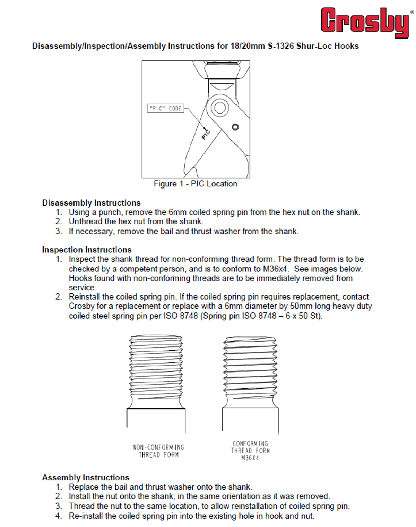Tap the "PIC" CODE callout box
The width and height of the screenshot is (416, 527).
tap(166, 108)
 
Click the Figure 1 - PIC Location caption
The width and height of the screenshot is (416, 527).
tap(196, 184)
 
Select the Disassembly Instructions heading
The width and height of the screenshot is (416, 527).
tap(91, 203)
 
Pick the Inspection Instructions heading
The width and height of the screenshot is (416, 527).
tap(87, 250)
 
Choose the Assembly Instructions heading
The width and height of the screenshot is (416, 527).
tap(86, 477)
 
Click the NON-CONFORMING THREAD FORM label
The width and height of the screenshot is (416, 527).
tap(158, 451)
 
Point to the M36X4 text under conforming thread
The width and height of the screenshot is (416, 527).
tap(250, 458)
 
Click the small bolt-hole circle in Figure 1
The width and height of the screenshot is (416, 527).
tap(235, 127)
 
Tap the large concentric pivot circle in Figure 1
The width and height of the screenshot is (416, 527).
tap(220, 108)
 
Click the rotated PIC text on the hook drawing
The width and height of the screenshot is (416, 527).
tap(206, 134)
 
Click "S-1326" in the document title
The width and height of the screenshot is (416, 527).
tap(280, 46)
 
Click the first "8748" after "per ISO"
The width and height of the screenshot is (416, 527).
tap(189, 316)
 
